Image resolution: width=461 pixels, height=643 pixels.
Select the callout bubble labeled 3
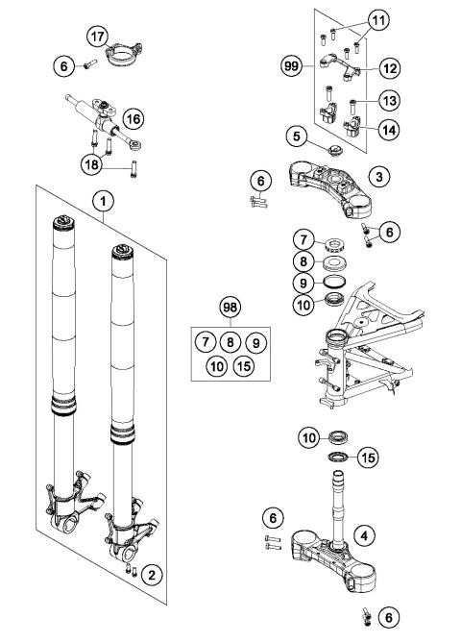click(x=381, y=177)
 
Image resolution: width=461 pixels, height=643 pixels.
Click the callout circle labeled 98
click(x=230, y=308)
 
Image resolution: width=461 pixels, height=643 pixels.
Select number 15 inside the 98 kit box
click(x=244, y=365)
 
